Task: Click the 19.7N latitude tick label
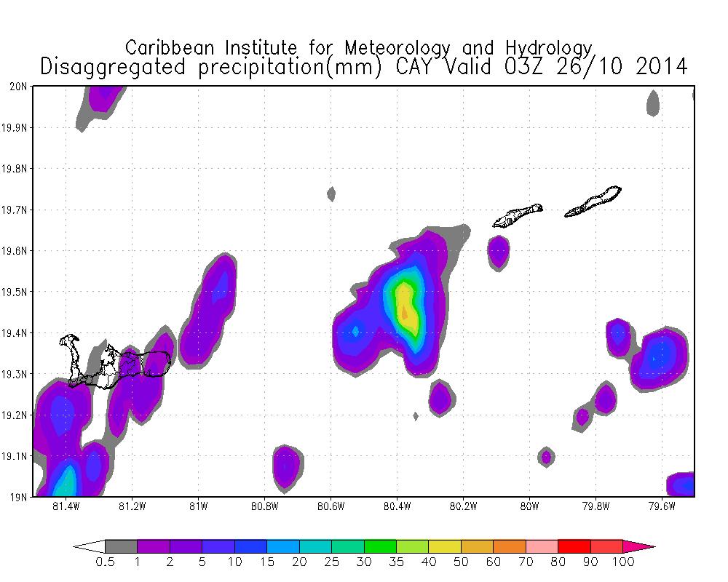pyautogui.click(x=16, y=210)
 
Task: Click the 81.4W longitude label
pyautogui.click(x=66, y=506)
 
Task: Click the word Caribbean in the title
pyautogui.click(x=170, y=48)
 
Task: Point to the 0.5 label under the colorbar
pyautogui.click(x=105, y=562)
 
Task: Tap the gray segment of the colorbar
pyautogui.click(x=121, y=546)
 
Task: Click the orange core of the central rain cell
pyautogui.click(x=404, y=311)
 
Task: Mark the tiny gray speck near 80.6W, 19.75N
pyautogui.click(x=331, y=193)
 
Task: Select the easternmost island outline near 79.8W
pyautogui.click(x=594, y=202)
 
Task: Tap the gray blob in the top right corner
pyautogui.click(x=652, y=103)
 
